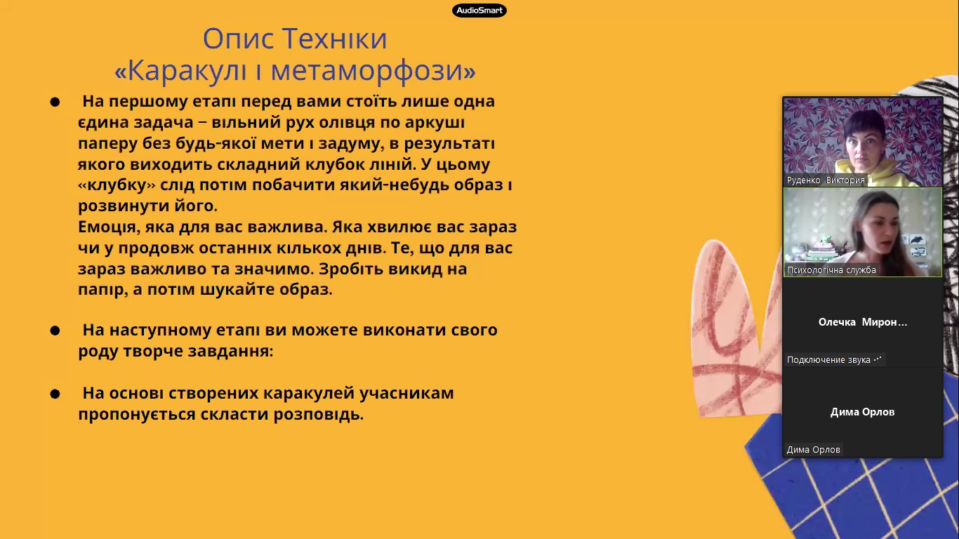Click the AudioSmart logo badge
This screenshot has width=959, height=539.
click(x=479, y=11)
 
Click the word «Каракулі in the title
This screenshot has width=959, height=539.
click(x=180, y=70)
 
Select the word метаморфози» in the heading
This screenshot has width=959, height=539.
click(x=373, y=70)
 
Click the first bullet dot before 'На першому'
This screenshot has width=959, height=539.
click(x=55, y=102)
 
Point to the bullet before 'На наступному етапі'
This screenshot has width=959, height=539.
click(x=55, y=331)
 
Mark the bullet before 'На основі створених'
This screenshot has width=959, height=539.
click(x=55, y=394)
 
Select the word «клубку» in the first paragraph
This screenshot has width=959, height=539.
click(x=117, y=185)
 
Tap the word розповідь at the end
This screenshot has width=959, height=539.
click(x=319, y=414)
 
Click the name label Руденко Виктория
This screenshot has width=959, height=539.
click(x=826, y=180)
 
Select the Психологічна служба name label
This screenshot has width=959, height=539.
click(x=831, y=270)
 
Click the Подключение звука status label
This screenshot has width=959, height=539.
click(x=834, y=360)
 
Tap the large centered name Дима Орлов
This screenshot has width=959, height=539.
click(x=862, y=412)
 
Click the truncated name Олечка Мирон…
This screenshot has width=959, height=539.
click(x=863, y=322)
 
